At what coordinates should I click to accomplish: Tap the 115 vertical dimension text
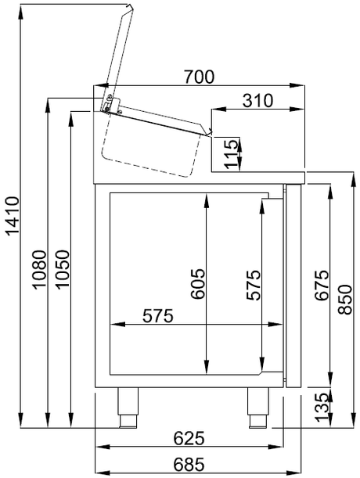pos(229,151)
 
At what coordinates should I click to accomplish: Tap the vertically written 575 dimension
pos(253,286)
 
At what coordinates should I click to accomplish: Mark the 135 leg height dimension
pos(320,407)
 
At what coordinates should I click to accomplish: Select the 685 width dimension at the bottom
pos(189,464)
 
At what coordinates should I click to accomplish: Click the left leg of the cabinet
pos(126,406)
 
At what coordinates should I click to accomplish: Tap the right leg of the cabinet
pos(257,406)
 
